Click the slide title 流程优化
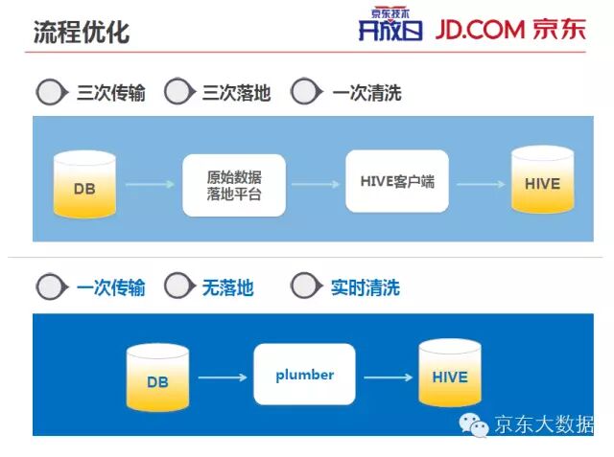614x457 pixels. coord(82,31)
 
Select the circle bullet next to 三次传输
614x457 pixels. coord(51,92)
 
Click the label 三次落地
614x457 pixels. coord(236,93)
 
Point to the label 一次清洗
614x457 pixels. coord(366,93)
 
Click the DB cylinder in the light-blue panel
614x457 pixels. coord(85,183)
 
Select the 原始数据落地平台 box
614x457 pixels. coord(233,185)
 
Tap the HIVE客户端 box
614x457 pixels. coord(396,181)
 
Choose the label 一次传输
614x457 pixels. coord(110,286)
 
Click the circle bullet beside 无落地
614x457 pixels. coord(178,286)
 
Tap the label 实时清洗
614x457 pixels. coord(365,286)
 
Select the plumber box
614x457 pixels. coord(304,375)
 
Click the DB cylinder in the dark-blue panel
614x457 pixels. coord(157,377)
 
